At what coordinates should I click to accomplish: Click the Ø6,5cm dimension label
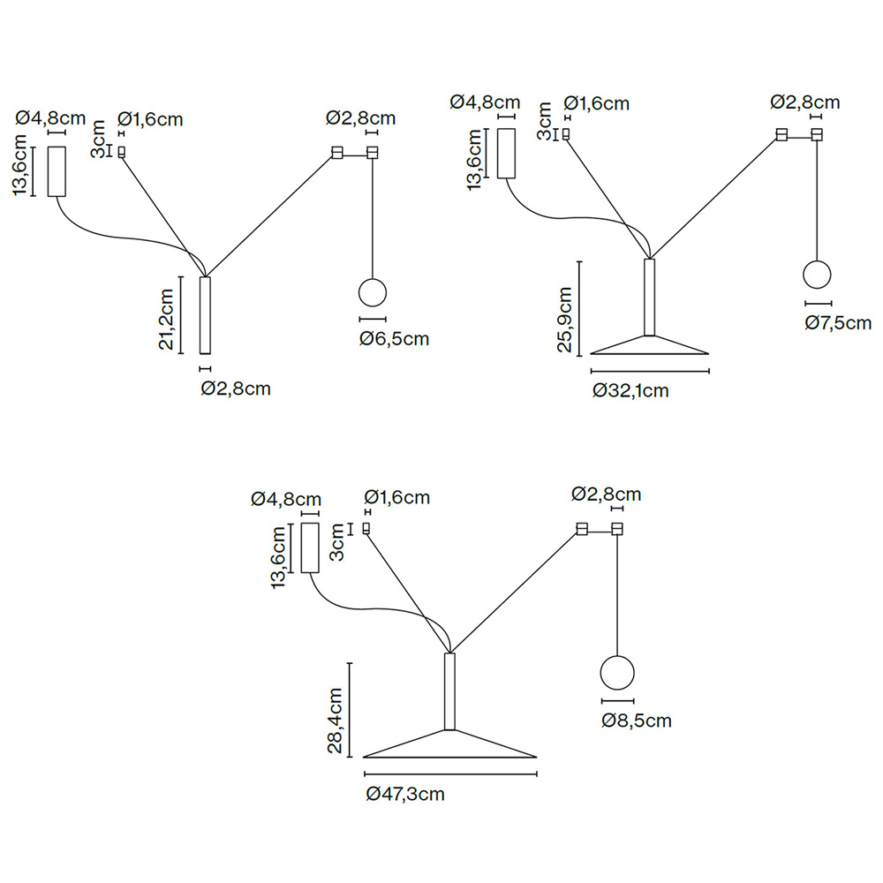(394, 339)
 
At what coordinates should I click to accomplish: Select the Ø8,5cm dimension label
(636, 721)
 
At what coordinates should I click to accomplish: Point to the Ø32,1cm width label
(630, 390)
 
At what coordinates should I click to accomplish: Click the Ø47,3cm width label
(405, 794)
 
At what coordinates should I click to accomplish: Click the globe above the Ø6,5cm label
(373, 293)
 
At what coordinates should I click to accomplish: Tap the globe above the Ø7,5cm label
(818, 274)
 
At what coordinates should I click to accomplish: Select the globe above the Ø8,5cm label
(616, 673)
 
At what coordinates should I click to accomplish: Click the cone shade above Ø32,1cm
(650, 344)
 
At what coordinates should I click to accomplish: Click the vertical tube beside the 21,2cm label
(206, 315)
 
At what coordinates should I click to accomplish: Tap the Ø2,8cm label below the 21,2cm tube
(235, 388)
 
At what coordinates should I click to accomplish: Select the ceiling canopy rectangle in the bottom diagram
(309, 547)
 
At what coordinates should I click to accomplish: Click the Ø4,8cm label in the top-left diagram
(52, 118)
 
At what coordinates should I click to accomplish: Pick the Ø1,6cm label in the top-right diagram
(596, 103)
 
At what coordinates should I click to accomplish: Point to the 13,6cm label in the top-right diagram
(477, 158)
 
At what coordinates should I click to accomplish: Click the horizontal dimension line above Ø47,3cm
(450, 774)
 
